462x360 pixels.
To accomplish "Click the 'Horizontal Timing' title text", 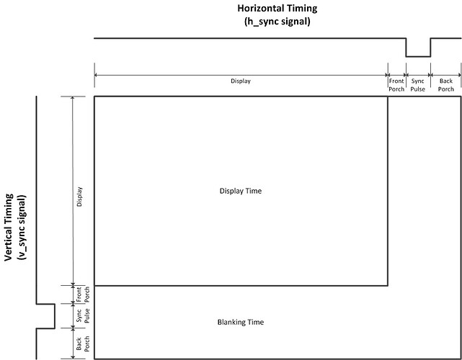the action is [277, 8].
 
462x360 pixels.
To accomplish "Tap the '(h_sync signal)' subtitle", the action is [277, 22].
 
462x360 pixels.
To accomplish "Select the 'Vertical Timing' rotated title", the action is [9, 227].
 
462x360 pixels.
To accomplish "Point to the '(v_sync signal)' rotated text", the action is [22, 227].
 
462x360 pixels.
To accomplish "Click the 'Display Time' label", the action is [241, 191].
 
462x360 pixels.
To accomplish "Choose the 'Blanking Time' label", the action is [241, 322].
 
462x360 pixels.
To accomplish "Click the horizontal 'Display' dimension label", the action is [241, 81].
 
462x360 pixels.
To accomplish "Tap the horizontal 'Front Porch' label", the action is [396, 85].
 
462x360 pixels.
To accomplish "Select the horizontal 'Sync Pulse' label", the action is [418, 85].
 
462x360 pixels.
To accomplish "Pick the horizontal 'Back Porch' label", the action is [446, 85].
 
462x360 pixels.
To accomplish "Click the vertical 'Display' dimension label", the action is [79, 197].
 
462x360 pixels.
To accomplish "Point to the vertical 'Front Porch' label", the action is [83, 294].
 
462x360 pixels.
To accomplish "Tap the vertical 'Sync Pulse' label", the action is [83, 315].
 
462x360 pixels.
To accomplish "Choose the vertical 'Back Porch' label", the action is [83, 343].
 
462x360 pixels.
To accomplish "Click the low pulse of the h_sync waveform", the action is [418, 56].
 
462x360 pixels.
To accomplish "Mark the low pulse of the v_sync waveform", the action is [55, 316].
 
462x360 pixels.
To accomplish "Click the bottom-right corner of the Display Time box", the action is [388, 286].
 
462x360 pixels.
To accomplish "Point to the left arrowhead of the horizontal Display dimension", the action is [97, 76].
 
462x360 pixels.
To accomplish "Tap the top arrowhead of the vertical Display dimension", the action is [73, 98].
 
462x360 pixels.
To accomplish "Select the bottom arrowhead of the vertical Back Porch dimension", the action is [73, 357].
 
